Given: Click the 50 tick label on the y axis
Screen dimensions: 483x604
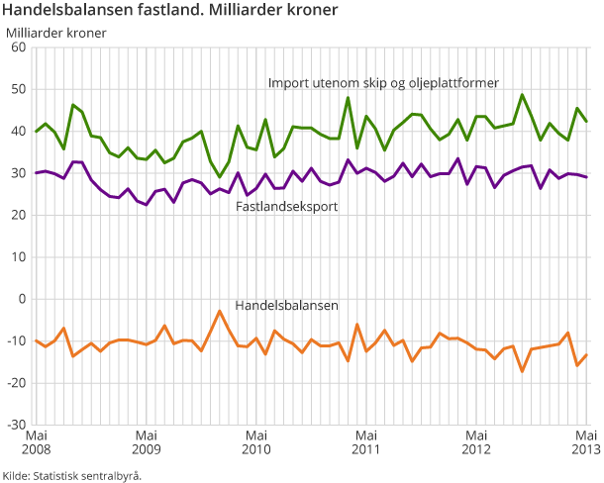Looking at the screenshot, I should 19,89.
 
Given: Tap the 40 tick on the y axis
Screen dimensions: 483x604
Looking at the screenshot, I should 19,131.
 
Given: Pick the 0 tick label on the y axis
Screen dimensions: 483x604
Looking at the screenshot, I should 23,298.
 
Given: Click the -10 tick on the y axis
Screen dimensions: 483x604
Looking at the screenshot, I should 16,340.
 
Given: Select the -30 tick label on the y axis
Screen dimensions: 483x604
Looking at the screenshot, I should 16,424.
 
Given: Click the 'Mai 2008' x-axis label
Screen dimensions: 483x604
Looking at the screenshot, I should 36,442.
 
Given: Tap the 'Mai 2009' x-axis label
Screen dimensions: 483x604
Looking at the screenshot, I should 146,442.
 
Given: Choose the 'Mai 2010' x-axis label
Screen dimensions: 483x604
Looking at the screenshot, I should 256,442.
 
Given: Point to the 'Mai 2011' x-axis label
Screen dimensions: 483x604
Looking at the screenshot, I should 366,442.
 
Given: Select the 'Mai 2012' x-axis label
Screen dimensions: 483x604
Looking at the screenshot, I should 476,442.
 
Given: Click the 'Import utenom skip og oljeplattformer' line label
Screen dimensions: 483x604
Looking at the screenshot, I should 383,82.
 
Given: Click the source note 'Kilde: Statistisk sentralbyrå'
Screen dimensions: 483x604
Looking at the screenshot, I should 71,475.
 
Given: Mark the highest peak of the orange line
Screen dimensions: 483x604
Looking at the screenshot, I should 219,311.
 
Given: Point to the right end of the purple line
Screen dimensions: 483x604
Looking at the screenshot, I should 586,177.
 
